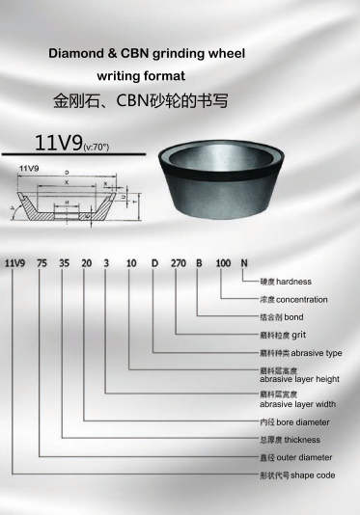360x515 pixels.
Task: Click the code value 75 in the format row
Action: pos(40,261)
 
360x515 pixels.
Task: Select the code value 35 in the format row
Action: pos(63,261)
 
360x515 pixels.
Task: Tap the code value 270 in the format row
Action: pos(177,261)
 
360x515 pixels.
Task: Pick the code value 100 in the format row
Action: pos(223,261)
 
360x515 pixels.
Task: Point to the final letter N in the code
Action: pos(244,261)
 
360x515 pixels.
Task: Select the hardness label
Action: pos(286,283)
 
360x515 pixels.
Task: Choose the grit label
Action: pos(286,335)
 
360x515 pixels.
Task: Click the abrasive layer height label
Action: pos(298,376)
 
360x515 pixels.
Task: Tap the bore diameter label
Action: pos(294,422)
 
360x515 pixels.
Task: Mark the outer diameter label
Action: pos(295,457)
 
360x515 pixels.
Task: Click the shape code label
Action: pos(294,476)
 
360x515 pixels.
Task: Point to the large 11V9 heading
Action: pos(58,145)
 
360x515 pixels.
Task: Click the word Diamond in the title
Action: pos(78,55)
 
